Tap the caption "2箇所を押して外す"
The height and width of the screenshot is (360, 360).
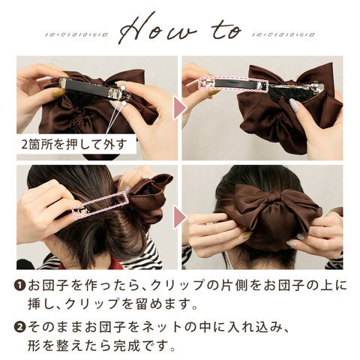click(x=74, y=145)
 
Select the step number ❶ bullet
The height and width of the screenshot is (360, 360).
click(x=21, y=286)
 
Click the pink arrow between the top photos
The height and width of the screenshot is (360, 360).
click(x=180, y=108)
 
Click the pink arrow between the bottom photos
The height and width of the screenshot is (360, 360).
click(x=180, y=217)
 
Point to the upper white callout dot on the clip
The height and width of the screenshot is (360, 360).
click(x=123, y=87)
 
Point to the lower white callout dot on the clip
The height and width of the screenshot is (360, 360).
click(x=124, y=103)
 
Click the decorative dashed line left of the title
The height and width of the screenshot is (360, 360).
click(x=76, y=34)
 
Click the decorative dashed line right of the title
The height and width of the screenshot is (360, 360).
click(x=283, y=34)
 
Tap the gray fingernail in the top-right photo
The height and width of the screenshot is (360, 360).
click(x=294, y=104)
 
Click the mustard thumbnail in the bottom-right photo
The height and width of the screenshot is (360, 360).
click(x=246, y=235)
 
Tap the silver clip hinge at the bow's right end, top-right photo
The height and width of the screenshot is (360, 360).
click(x=318, y=88)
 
